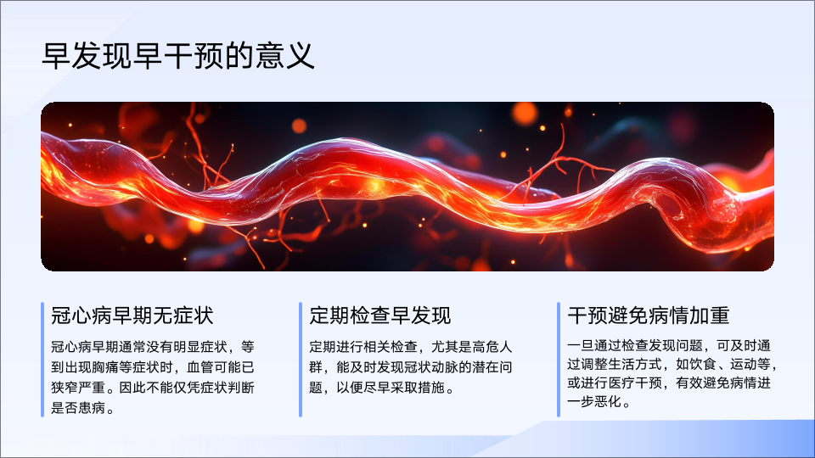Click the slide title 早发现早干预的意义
click(x=177, y=56)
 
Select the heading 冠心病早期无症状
click(x=132, y=316)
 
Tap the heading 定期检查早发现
click(x=380, y=316)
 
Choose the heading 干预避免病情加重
click(x=648, y=316)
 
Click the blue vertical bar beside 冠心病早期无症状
click(x=42, y=360)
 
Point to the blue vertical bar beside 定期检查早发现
click(x=301, y=360)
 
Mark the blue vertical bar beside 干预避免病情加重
click(x=559, y=360)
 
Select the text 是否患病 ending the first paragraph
click(x=78, y=408)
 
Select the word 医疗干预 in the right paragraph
click(x=635, y=383)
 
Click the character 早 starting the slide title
click(x=56, y=56)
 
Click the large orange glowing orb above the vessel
click(x=525, y=114)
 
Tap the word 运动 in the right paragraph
click(x=744, y=364)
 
